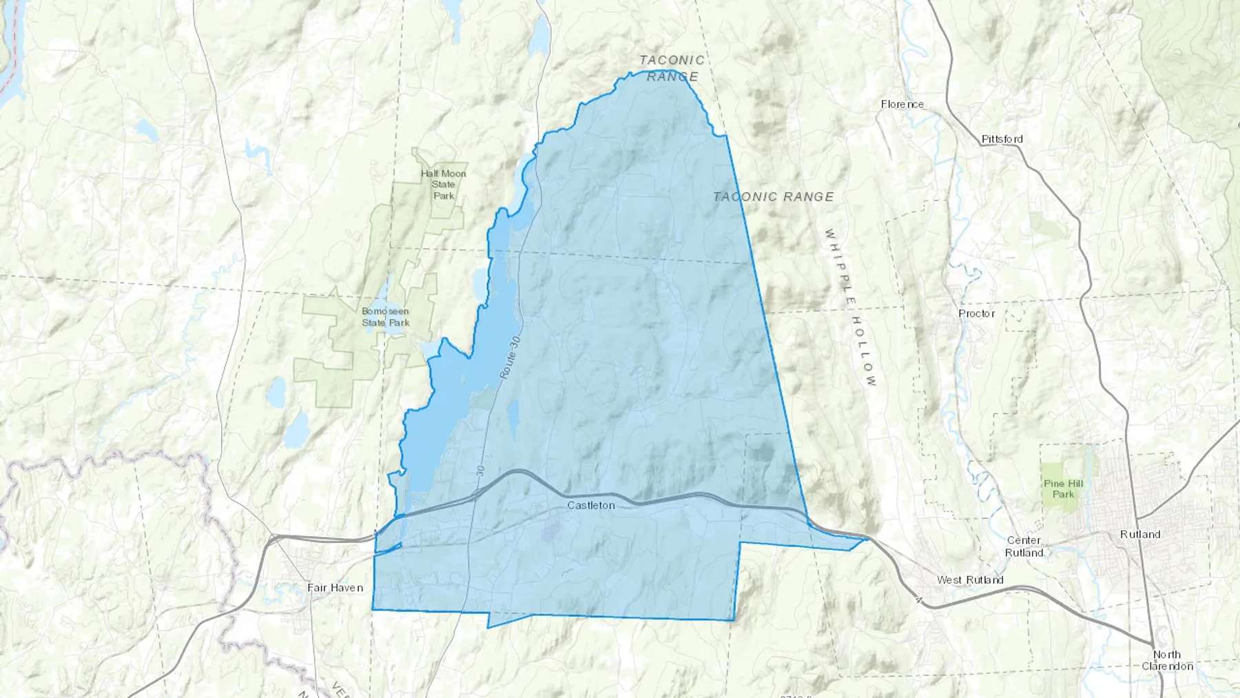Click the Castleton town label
pos(590,505)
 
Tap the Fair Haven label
pos(335,588)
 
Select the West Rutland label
pos(969,580)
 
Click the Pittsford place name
pos(1002,139)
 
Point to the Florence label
pos(902,105)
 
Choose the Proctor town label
pos(976,314)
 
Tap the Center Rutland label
pos(1024,546)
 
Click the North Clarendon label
pos(1167,660)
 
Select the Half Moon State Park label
pos(444,185)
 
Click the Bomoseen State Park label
pos(385,317)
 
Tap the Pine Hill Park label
pos(1063,489)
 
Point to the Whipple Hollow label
pos(851,307)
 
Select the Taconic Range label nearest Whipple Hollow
pos(773,197)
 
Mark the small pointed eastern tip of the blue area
pos(866,540)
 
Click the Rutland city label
pos(1140,535)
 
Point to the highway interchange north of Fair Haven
pos(274,538)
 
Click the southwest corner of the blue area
pos(373,609)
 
